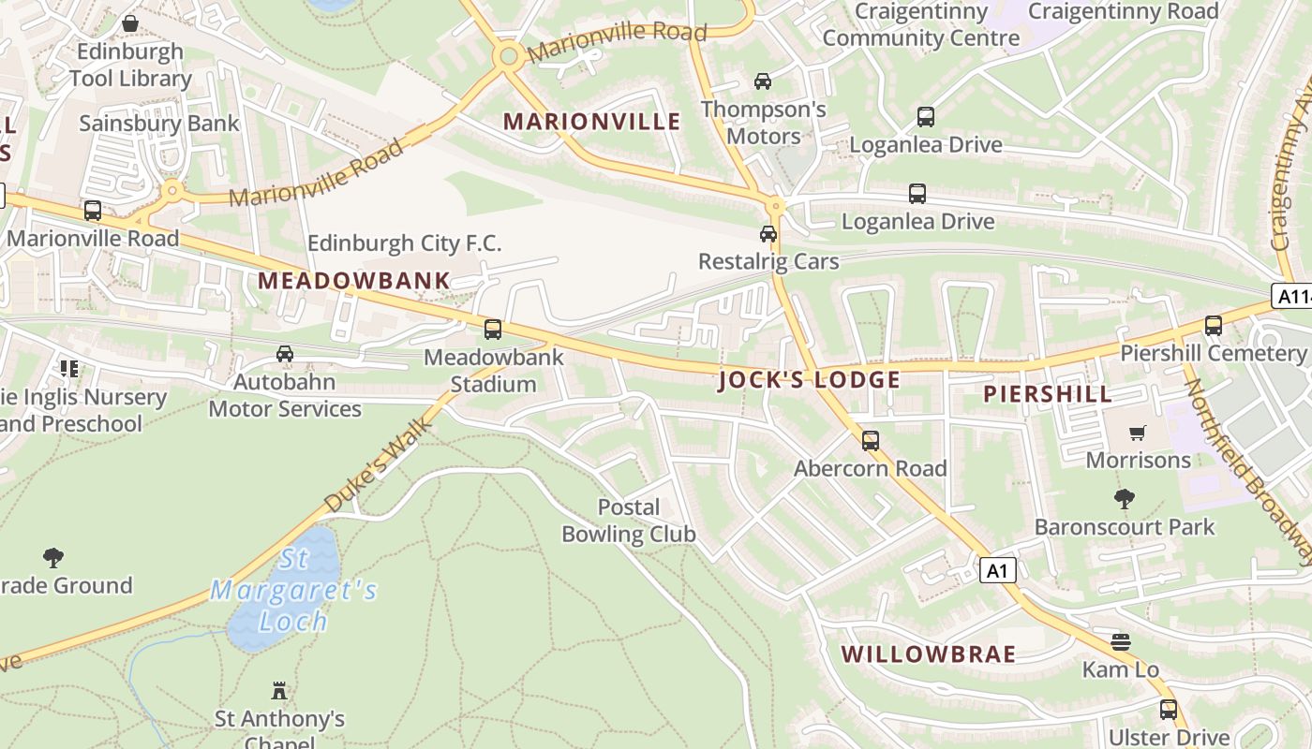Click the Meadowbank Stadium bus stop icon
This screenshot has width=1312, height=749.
pos(493,330)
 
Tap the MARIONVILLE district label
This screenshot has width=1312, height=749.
pos(592,121)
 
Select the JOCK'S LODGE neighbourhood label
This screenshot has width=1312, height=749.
pos(810,379)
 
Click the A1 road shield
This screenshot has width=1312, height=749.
pos(998,569)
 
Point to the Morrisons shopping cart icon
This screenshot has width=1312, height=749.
pos(1138,433)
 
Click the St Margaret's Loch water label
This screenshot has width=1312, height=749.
pos(293,590)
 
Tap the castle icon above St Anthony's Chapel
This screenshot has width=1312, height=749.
pos(278,691)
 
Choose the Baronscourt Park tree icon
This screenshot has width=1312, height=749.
pos(1124,499)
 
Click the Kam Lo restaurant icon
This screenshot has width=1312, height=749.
pos(1121,642)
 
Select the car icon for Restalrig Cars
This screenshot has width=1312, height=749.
pos(768,234)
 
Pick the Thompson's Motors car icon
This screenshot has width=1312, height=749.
pos(763,81)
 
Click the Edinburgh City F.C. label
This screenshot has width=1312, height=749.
pos(405,243)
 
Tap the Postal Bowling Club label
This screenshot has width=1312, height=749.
pos(628,521)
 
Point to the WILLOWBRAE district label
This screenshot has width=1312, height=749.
pos(929,654)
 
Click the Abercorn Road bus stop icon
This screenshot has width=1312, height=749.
pos(871,440)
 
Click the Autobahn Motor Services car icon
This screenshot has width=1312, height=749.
pos(285,354)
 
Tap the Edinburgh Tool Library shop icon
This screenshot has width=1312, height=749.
pos(130,22)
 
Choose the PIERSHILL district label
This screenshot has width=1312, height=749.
pos(1048,394)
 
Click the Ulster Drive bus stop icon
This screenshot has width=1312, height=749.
pos(1168,710)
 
